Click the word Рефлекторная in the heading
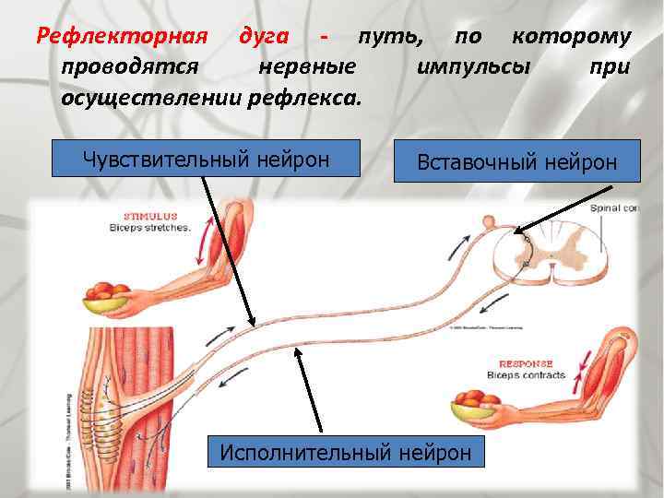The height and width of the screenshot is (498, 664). [x=119, y=37]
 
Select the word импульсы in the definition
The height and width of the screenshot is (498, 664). [x=474, y=66]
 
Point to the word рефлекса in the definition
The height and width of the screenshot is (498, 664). [x=314, y=97]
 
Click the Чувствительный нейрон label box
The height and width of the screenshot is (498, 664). [x=206, y=159]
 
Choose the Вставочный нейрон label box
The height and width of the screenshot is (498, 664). [x=516, y=161]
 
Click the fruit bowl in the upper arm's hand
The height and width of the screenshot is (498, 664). [x=110, y=295]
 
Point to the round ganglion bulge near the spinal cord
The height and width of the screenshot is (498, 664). [x=490, y=222]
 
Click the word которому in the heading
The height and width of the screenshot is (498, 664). [x=572, y=37]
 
